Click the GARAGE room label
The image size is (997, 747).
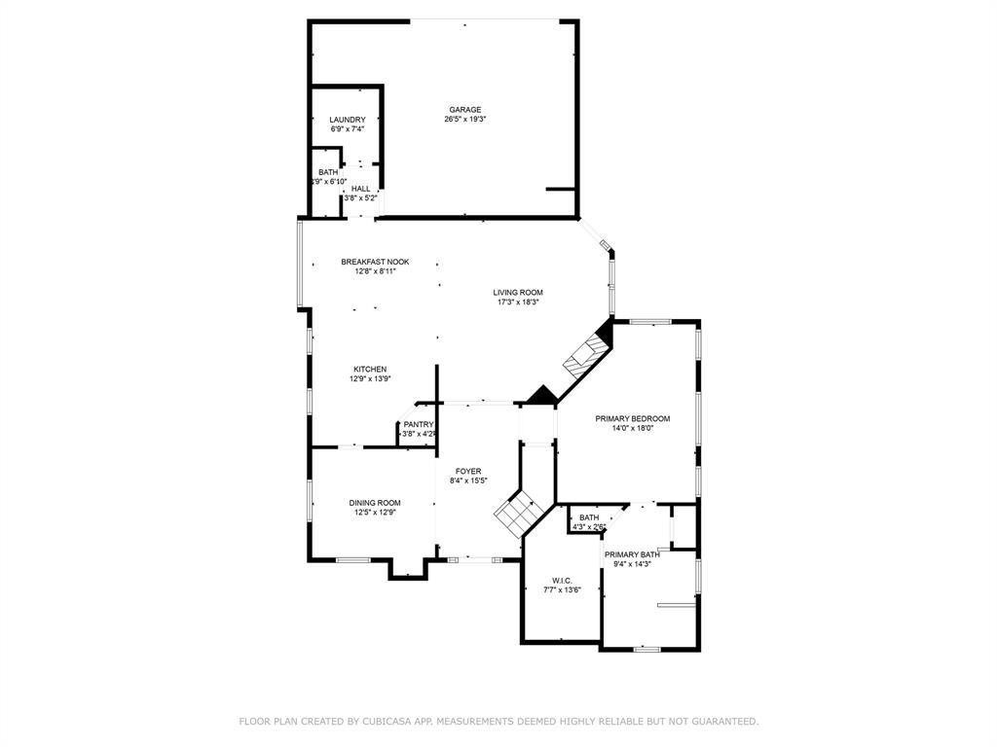click(465, 109)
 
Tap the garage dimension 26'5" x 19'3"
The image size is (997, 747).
click(465, 119)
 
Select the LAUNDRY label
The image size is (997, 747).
click(348, 120)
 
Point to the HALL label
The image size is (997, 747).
click(360, 189)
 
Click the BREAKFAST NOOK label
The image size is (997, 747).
click(375, 262)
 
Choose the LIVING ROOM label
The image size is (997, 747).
click(518, 293)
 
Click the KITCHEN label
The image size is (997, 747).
click(370, 369)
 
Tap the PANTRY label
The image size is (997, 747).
click(419, 424)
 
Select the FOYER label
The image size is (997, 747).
click(468, 472)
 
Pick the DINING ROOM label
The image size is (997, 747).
click(375, 503)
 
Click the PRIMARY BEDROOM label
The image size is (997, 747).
click(633, 418)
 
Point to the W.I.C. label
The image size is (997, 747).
click(562, 581)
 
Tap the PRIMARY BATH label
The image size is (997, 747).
click(632, 554)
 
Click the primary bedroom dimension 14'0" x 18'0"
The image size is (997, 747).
click(633, 428)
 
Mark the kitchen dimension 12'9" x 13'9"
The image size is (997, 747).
click(370, 378)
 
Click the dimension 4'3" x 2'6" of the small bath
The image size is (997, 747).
click(589, 526)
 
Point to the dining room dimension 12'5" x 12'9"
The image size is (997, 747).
click(375, 513)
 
